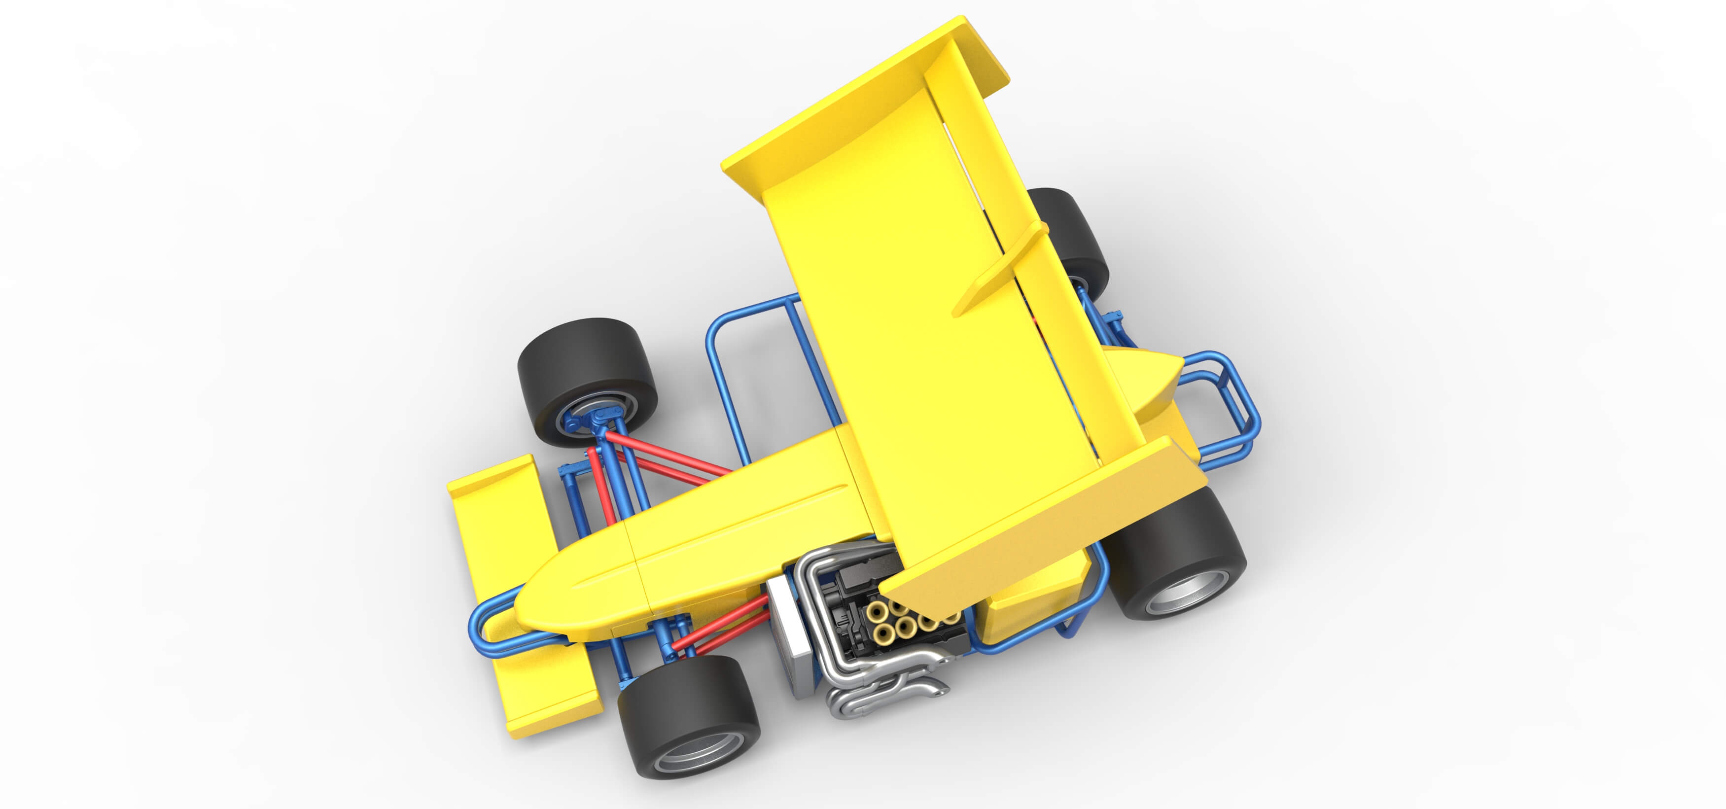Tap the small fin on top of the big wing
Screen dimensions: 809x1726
tap(998, 268)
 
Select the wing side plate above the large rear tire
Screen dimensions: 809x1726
tap(1045, 523)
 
